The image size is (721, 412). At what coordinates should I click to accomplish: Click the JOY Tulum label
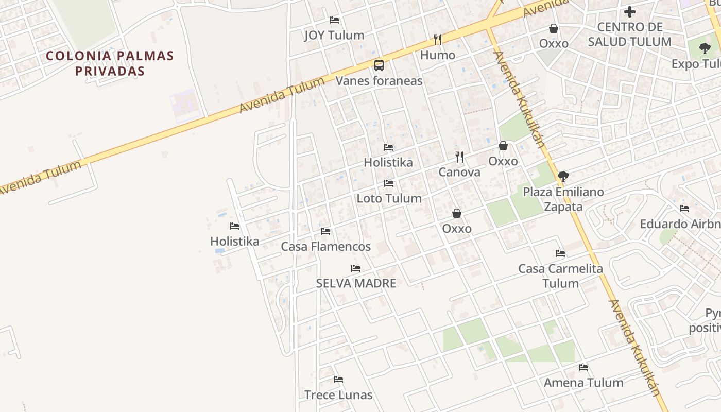pyautogui.click(x=334, y=35)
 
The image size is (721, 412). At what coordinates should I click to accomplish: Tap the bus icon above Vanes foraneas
pyautogui.click(x=379, y=65)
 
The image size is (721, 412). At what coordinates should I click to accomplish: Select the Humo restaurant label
pyautogui.click(x=438, y=55)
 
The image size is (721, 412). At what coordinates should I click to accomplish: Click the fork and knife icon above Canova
pyautogui.click(x=459, y=157)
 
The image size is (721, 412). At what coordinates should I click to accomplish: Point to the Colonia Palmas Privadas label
pyautogui.click(x=110, y=63)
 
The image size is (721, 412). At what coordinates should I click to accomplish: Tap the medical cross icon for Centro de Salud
pyautogui.click(x=630, y=12)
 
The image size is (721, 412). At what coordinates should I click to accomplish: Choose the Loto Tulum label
pyautogui.click(x=389, y=198)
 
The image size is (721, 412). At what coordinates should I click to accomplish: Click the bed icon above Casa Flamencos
pyautogui.click(x=325, y=231)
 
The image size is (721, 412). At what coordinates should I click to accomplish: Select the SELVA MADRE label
pyautogui.click(x=356, y=283)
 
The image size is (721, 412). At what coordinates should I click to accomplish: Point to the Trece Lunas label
pyautogui.click(x=338, y=395)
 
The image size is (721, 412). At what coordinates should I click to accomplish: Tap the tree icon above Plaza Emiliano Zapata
pyautogui.click(x=563, y=177)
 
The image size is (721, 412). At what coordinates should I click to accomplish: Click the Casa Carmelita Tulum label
pyautogui.click(x=560, y=276)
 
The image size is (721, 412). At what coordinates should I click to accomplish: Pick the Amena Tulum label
pyautogui.click(x=583, y=383)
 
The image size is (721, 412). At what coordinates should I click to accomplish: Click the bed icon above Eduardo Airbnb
pyautogui.click(x=684, y=209)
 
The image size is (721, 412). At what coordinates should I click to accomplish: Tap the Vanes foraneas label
pyautogui.click(x=379, y=81)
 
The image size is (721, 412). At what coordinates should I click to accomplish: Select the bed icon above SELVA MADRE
pyautogui.click(x=356, y=268)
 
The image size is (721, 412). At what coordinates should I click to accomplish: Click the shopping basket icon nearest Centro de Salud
pyautogui.click(x=554, y=28)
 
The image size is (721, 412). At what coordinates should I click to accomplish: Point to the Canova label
pyautogui.click(x=459, y=173)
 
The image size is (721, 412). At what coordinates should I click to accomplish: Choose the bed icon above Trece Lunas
pyautogui.click(x=338, y=380)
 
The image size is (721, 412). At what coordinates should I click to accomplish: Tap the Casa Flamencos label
pyautogui.click(x=325, y=247)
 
